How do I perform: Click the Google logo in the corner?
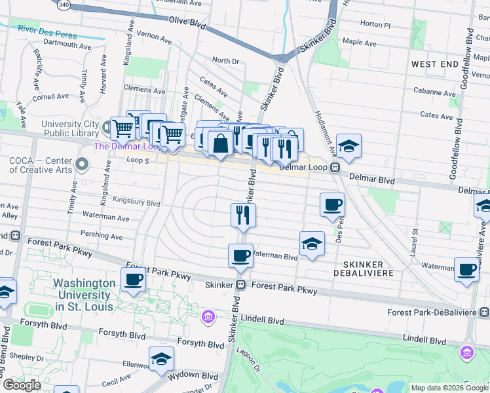pyautogui.click(x=22, y=385)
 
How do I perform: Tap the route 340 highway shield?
pyautogui.click(x=64, y=4)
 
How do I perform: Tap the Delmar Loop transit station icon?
pyautogui.click(x=335, y=167)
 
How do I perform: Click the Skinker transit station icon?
pyautogui.click(x=241, y=285)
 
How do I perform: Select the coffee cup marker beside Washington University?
pyautogui.click(x=134, y=280)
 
